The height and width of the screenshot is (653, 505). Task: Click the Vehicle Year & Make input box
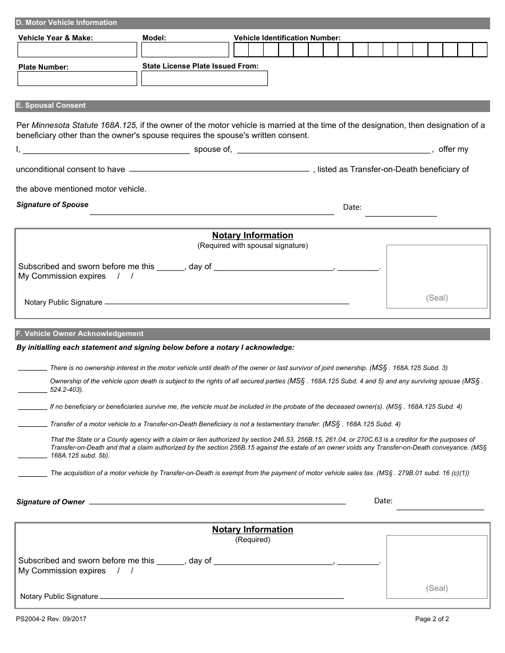[77, 50]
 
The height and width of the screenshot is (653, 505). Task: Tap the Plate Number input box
[77, 79]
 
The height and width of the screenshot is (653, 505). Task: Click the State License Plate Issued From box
[204, 79]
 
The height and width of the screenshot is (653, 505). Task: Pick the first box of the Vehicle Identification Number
[241, 50]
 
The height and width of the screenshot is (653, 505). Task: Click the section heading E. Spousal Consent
[50, 106]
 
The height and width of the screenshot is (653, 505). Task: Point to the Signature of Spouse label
[52, 205]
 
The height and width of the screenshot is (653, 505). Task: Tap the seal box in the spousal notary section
[436, 276]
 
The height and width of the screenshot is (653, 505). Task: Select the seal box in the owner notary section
[436, 566]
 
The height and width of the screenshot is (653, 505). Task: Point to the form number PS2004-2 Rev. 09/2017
[51, 619]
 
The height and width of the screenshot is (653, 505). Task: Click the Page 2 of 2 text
[432, 619]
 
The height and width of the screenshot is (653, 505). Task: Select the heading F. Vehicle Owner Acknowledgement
[80, 334]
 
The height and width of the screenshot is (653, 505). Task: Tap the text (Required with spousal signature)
[252, 246]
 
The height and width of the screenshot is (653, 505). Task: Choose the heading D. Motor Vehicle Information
[66, 23]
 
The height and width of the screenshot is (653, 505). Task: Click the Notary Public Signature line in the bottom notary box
[221, 597]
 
